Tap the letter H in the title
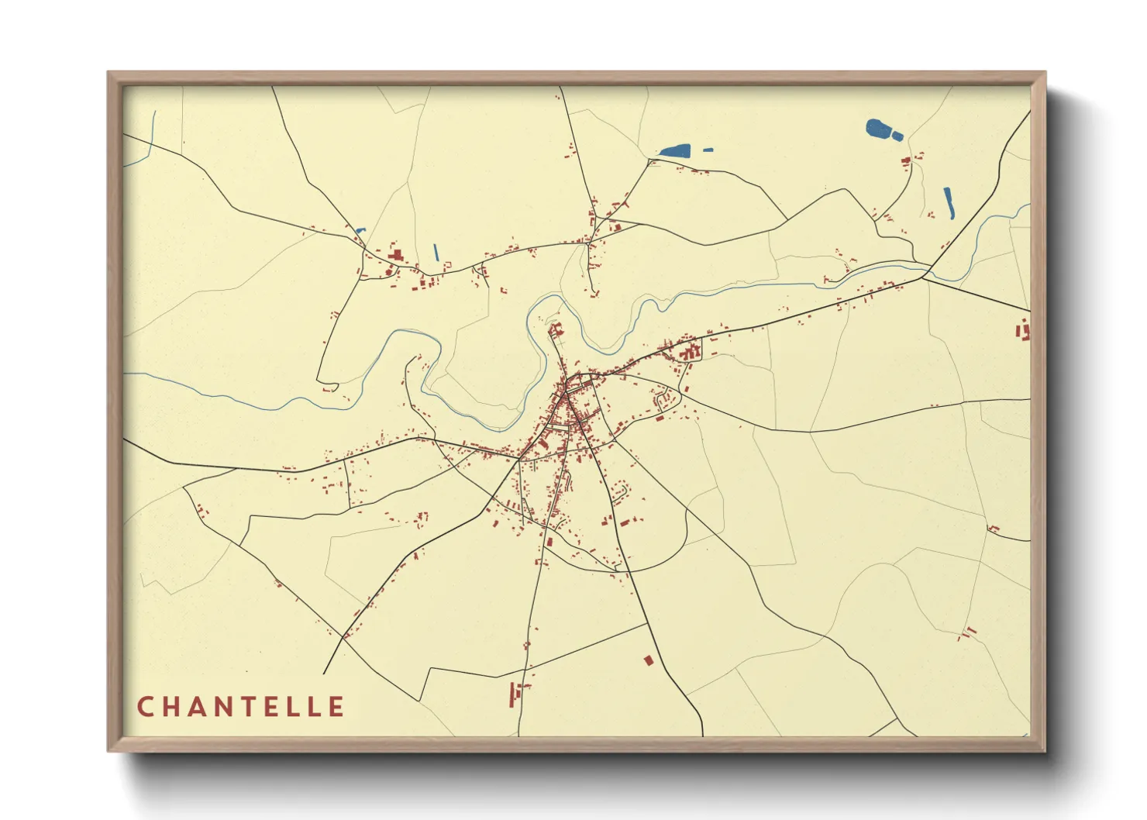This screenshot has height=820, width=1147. click(173, 707)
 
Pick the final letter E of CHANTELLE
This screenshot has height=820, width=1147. click(336, 707)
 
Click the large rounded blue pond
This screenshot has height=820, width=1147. click(878, 128)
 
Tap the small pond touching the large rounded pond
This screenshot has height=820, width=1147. click(897, 136)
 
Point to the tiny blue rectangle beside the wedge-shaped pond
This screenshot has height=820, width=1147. click(708, 150)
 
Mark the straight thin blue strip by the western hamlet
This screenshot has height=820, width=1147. click(436, 252)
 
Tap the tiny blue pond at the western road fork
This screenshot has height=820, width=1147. click(359, 230)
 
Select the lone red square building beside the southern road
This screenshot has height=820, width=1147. click(649, 660)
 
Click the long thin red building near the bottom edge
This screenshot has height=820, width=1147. click(511, 694)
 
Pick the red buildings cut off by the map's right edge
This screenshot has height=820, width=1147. click(1024, 331)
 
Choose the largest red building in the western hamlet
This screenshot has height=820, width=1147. click(395, 255)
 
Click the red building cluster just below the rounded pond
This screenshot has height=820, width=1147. click(905, 161)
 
